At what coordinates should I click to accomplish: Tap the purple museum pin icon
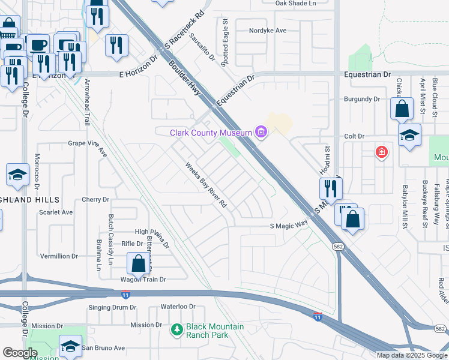261,132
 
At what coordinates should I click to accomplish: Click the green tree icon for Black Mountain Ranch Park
176,329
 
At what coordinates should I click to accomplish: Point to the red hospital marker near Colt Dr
381,152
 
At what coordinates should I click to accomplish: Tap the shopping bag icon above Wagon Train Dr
138,263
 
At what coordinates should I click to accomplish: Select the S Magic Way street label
288,226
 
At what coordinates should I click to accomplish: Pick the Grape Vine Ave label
87,143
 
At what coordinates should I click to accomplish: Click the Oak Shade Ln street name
295,4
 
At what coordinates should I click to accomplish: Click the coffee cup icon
39,45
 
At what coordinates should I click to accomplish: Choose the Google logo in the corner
20,353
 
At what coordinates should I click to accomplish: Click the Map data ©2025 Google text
412,355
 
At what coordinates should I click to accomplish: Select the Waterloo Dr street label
178,307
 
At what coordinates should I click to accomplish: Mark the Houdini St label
328,161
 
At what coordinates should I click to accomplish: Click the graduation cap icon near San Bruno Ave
71,346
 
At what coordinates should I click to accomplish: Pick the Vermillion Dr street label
59,256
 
